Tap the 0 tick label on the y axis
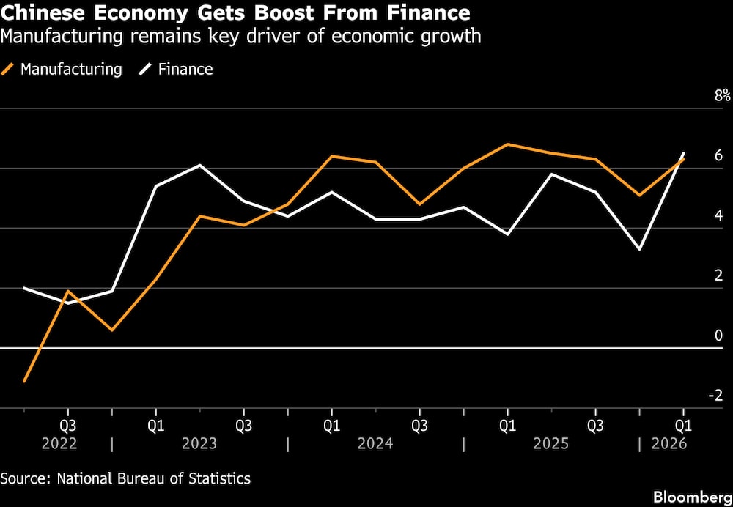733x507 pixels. [719, 336]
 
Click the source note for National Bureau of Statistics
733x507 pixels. [125, 478]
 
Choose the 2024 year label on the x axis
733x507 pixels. [375, 444]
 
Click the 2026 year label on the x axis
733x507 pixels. [668, 444]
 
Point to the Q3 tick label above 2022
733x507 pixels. [67, 425]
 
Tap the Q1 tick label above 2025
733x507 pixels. [507, 425]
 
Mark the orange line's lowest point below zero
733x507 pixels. [24, 382]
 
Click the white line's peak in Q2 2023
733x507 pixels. [200, 165]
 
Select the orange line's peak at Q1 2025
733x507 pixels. [507, 144]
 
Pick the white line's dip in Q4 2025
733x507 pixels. [640, 249]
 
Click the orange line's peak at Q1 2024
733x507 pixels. [331, 156]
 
